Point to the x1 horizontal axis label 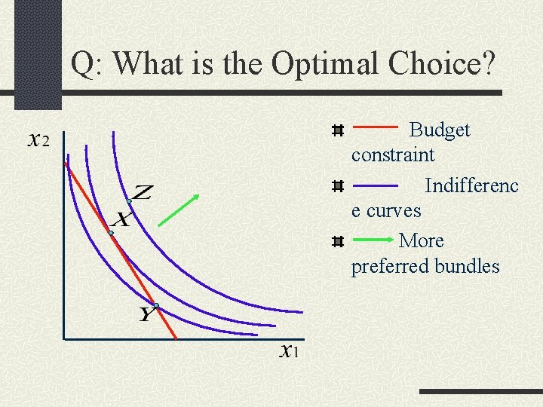coord(289,350)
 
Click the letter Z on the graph coord(143,193)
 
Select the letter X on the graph coord(121,220)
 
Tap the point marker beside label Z coord(130,202)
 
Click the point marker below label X coord(110,234)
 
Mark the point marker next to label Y coord(156,305)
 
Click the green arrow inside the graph coord(179,210)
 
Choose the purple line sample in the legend coord(376,185)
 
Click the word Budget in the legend coord(439,130)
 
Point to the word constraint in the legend coord(392,155)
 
